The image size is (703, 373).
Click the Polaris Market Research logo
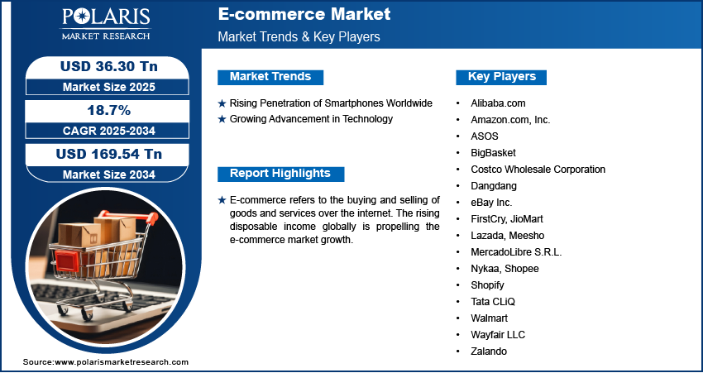click(106, 24)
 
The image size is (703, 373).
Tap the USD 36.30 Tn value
click(109, 66)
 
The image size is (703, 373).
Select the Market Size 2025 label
click(109, 87)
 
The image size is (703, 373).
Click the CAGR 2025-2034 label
click(109, 131)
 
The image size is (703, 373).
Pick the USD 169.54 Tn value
click(109, 154)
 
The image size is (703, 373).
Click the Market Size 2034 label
click(109, 175)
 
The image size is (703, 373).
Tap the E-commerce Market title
click(304, 14)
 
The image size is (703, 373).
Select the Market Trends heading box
click(270, 77)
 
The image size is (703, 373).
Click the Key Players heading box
click(501, 77)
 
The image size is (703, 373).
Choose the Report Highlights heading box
click(280, 174)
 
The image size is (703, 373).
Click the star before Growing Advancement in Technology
click(222, 119)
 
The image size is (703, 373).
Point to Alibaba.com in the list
click(498, 103)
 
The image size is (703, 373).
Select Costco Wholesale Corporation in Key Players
click(538, 170)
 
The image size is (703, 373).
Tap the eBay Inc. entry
click(491, 203)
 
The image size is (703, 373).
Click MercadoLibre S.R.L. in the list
click(516, 252)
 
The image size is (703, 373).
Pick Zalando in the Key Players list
click(489, 351)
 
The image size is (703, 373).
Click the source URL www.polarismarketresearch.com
click(122, 362)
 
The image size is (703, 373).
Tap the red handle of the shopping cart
click(129, 217)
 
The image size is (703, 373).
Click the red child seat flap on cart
click(67, 261)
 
